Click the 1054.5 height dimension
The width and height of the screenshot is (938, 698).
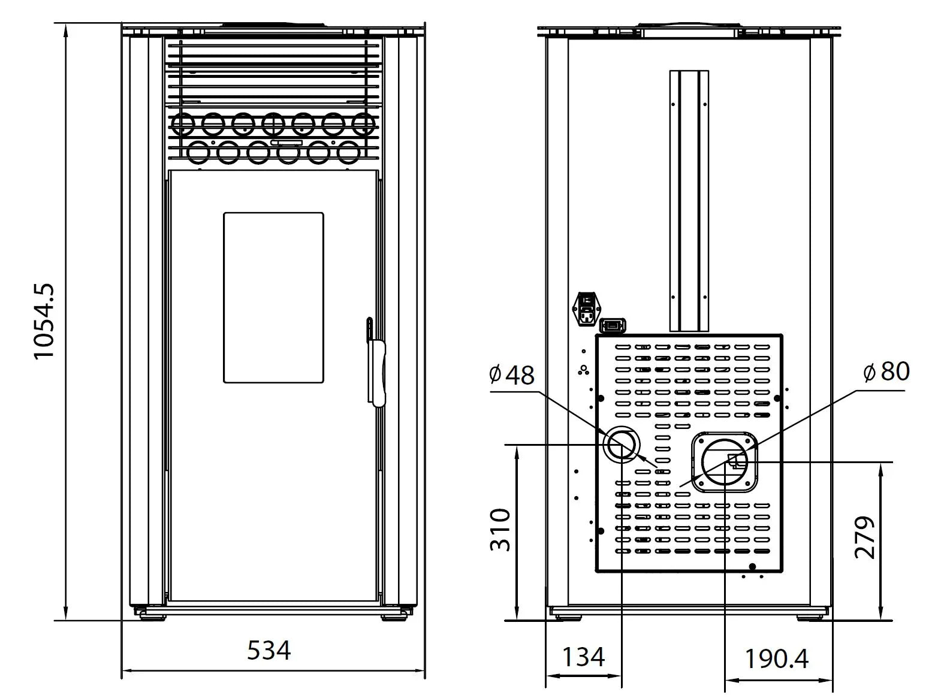point(44,321)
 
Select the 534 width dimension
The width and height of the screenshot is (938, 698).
point(269,650)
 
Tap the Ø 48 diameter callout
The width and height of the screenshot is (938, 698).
point(511,374)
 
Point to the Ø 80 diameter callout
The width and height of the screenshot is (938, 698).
point(886,371)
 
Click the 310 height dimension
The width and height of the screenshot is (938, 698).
point(500,530)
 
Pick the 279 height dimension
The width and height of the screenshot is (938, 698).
point(864,537)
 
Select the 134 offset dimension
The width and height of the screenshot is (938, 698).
point(583,657)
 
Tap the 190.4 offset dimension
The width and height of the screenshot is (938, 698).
point(776,658)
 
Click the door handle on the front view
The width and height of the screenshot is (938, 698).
point(376,362)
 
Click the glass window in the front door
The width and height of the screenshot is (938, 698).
point(274,298)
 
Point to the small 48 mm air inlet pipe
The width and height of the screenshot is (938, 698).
point(622,445)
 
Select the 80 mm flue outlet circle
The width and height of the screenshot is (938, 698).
point(725,462)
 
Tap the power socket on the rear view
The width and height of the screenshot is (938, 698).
point(587,309)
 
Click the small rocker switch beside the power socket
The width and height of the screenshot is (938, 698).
point(613,325)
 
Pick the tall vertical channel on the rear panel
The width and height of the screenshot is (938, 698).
point(689,201)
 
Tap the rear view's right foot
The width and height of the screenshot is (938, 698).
point(810,617)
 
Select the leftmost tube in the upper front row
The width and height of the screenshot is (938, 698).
point(182,124)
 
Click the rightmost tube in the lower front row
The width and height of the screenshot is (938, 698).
point(348,152)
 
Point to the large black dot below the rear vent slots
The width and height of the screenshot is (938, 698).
point(752,567)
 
